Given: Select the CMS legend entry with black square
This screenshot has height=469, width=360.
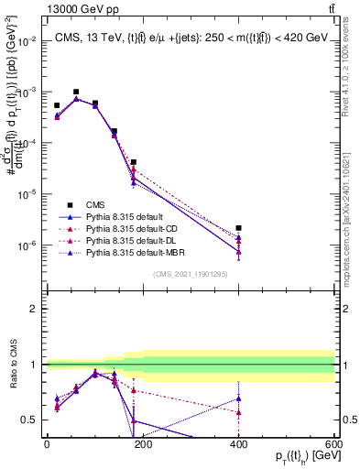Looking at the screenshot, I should point(97,204).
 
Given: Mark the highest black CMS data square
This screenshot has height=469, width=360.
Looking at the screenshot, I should point(76,92).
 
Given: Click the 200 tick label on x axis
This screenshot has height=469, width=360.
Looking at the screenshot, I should point(142,444).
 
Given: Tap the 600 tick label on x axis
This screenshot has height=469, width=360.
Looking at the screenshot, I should point(333,444).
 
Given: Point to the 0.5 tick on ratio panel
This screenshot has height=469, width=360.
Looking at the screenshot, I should point(30,420).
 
